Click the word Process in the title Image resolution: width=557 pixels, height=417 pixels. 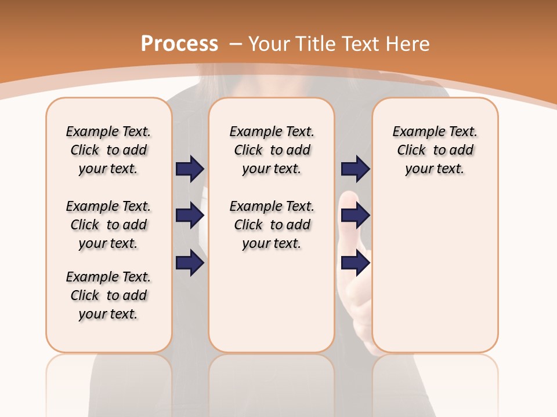coord(179,44)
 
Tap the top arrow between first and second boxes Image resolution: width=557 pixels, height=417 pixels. coord(190,169)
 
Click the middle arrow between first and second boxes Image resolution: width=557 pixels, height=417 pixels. coord(190,216)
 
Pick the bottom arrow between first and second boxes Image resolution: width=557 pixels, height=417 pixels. coord(190,263)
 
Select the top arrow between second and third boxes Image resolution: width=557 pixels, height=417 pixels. coord(355,169)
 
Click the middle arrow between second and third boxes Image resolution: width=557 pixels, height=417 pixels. coord(355,216)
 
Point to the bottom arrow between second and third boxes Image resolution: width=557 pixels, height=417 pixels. coord(355,263)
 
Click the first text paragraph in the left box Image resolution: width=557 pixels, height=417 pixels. coord(108,151)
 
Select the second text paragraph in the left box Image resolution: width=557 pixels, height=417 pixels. coord(108,225)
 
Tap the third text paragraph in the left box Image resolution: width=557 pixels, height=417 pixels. coord(108,295)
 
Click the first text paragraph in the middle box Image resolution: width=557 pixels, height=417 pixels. coord(272,151)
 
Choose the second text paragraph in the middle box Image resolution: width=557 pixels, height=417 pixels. coord(272,225)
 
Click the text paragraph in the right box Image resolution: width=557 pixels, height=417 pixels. coord(435,151)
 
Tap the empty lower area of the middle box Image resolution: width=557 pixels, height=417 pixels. coord(272,301)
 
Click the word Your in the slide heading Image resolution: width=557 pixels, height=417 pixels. coord(270,44)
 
